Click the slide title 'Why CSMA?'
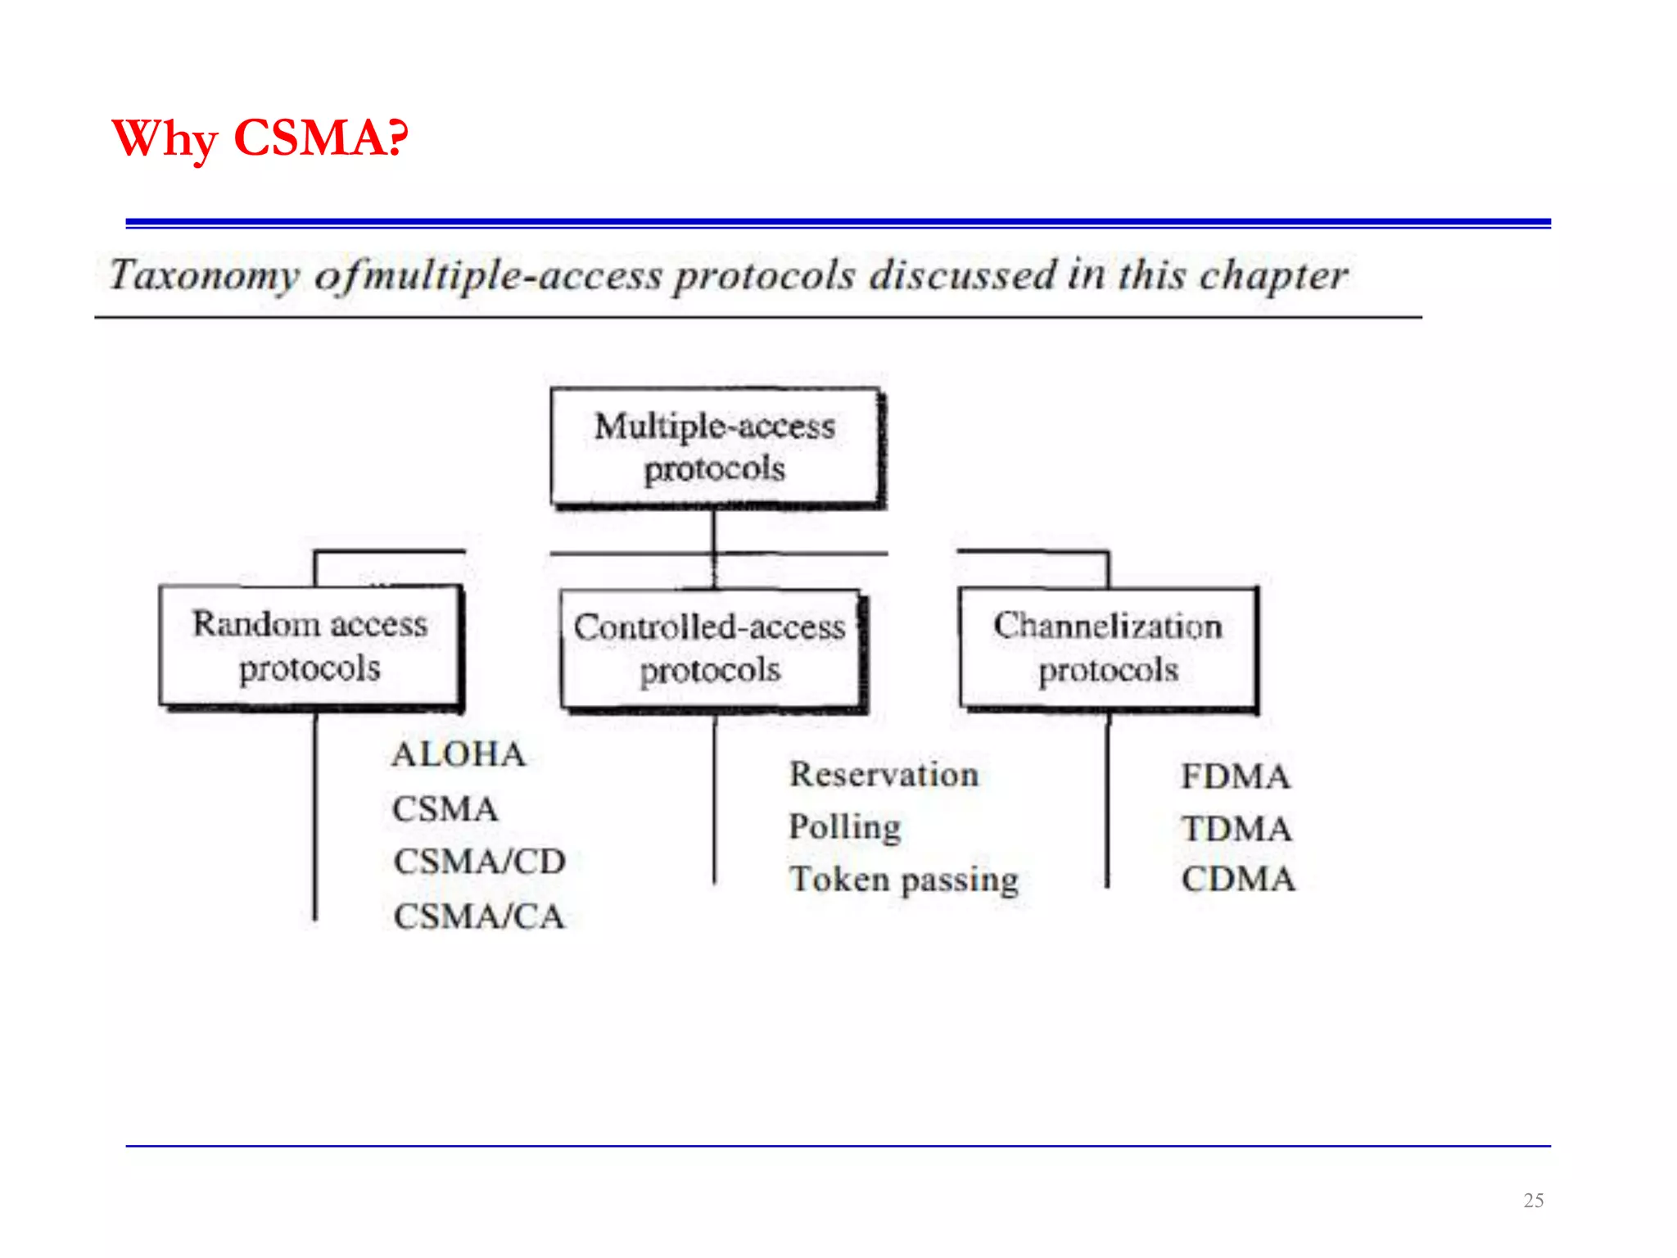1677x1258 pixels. (260, 138)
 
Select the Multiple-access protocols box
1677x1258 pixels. (715, 447)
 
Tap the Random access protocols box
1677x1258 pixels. (310, 645)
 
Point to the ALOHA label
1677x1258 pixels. (459, 754)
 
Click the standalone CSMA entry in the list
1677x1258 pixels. (445, 809)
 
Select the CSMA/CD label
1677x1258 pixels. (479, 862)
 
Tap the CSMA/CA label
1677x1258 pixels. (479, 916)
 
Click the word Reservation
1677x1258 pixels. (884, 775)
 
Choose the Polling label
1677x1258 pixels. (844, 827)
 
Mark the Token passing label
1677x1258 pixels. (903, 880)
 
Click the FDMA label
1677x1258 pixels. (1235, 776)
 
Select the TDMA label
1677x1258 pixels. (1236, 829)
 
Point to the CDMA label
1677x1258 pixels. (1237, 880)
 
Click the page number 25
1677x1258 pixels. (1533, 1201)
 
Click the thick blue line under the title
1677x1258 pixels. (838, 223)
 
